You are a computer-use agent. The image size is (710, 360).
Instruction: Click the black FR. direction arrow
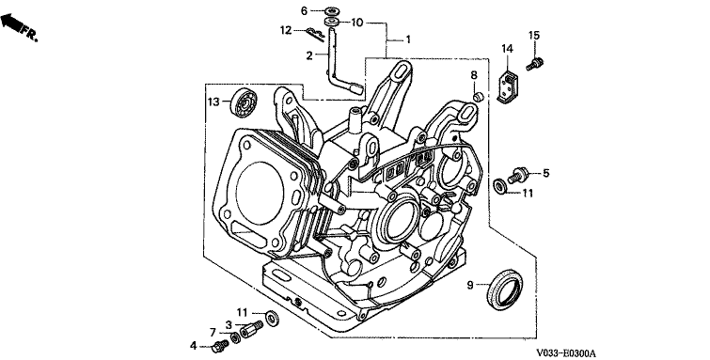pos(12,23)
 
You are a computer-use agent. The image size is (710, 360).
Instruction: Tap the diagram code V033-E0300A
pos(565,352)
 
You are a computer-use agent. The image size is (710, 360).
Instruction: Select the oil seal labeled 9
pos(504,290)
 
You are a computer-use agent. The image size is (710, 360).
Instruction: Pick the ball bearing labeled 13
pos(244,102)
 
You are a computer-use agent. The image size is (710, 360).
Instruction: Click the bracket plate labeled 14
pos(509,86)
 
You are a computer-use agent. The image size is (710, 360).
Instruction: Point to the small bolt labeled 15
pos(535,63)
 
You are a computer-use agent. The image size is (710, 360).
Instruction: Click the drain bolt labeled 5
pos(518,174)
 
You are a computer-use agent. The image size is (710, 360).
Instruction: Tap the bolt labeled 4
pos(219,348)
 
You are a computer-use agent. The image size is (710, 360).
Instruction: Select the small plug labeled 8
pos(477,97)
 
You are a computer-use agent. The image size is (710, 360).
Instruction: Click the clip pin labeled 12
pos(314,34)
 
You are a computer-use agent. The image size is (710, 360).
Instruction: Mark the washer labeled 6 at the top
pos(333,10)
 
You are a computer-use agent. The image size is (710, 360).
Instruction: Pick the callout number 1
pos(408,39)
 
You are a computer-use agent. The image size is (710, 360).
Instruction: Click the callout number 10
pos(357,23)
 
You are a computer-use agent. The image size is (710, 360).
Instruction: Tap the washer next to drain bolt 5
pos(500,186)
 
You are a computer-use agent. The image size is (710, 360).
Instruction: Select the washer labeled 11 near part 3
pos(272,318)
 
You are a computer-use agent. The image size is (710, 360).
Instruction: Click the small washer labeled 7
pos(235,337)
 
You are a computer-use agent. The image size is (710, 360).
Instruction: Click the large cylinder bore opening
pos(260,193)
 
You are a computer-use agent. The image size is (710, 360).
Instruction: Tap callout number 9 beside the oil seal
pos(470,285)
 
